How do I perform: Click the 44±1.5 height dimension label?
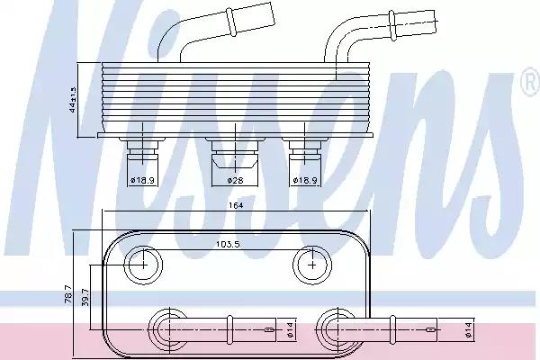73,100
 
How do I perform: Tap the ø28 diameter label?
235,180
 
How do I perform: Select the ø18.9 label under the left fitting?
142,180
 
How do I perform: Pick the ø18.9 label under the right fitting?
305,180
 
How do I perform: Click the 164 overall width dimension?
236,205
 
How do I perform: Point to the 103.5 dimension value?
228,244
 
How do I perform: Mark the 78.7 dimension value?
68,294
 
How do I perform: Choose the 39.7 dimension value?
85,297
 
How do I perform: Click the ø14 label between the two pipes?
289,329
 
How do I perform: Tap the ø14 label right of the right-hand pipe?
468,329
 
